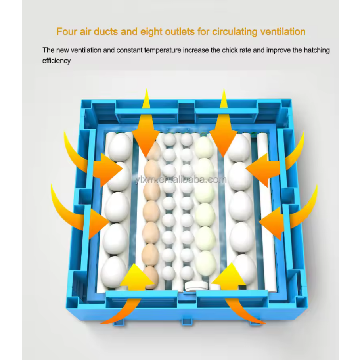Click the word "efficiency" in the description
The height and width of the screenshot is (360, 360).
56,61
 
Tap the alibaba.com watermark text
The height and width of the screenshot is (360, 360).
181,180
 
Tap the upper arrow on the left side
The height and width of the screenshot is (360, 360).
92,161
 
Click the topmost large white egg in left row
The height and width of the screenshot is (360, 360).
120,147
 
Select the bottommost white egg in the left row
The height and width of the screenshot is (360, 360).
114,272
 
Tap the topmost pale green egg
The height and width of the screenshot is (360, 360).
204,147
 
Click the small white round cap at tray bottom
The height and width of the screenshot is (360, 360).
197,287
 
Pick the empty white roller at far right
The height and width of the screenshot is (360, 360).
265,211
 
